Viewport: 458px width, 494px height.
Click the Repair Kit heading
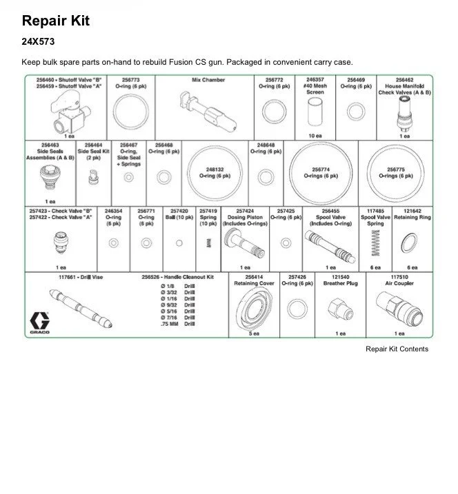[56, 21]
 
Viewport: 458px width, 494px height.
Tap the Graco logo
[39, 322]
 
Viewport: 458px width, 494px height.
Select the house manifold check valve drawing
[404, 112]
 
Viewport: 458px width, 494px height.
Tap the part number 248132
[215, 168]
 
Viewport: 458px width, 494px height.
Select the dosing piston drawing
[243, 242]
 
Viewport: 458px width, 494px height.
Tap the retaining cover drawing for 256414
[254, 307]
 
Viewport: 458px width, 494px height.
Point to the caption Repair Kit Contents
[397, 349]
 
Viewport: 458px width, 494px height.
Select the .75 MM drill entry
[177, 324]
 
